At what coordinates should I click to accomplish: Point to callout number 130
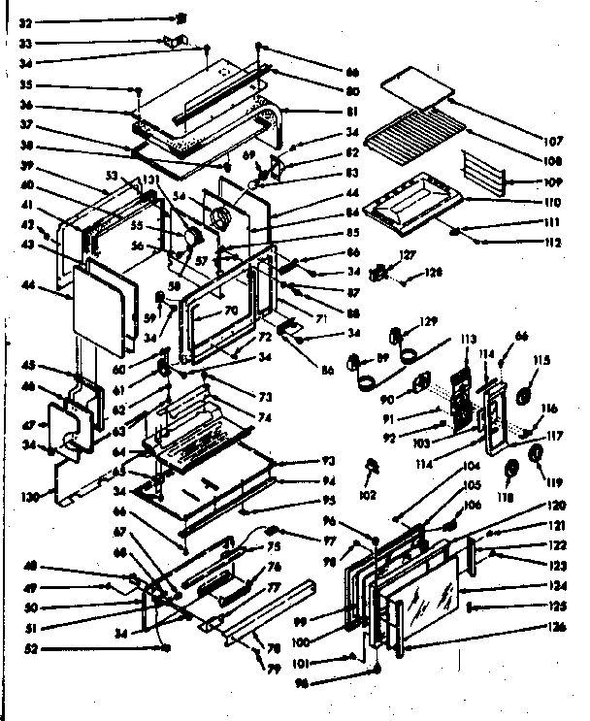pyautogui.click(x=30, y=497)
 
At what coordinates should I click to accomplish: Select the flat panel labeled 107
pyautogui.click(x=416, y=85)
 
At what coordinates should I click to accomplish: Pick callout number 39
pyautogui.click(x=26, y=166)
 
